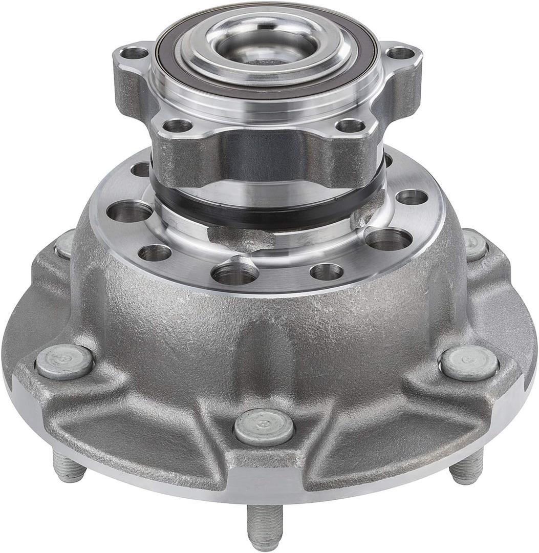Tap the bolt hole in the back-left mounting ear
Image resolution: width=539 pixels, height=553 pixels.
[x=135, y=53]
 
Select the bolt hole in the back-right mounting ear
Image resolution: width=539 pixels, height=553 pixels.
[x=400, y=53]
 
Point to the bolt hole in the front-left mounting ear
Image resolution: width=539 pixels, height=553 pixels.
[x=178, y=125]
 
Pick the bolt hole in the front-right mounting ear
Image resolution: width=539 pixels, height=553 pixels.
[x=350, y=125]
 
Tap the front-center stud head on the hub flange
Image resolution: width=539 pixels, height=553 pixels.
[x=264, y=428]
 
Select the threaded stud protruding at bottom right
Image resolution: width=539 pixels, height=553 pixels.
[x=466, y=469]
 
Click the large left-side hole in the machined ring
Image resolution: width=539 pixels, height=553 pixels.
[x=129, y=211]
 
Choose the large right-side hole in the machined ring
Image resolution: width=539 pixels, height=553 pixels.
[x=389, y=239]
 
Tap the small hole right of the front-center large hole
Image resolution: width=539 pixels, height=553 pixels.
[x=326, y=272]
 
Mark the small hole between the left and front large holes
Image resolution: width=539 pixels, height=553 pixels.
[x=154, y=252]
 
